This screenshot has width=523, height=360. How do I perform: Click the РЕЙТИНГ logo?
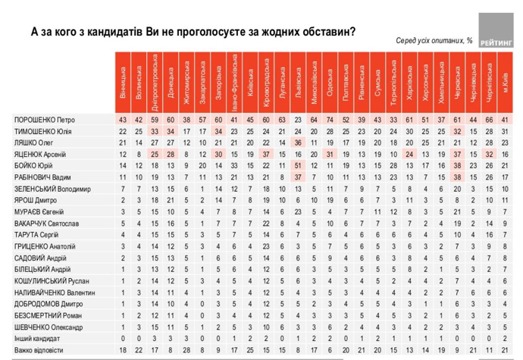[493, 31]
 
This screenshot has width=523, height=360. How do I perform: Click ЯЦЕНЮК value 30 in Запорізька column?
[218, 154]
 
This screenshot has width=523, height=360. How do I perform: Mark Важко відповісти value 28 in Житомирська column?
[186, 350]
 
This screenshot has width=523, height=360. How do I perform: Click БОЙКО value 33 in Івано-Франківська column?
[234, 164]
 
